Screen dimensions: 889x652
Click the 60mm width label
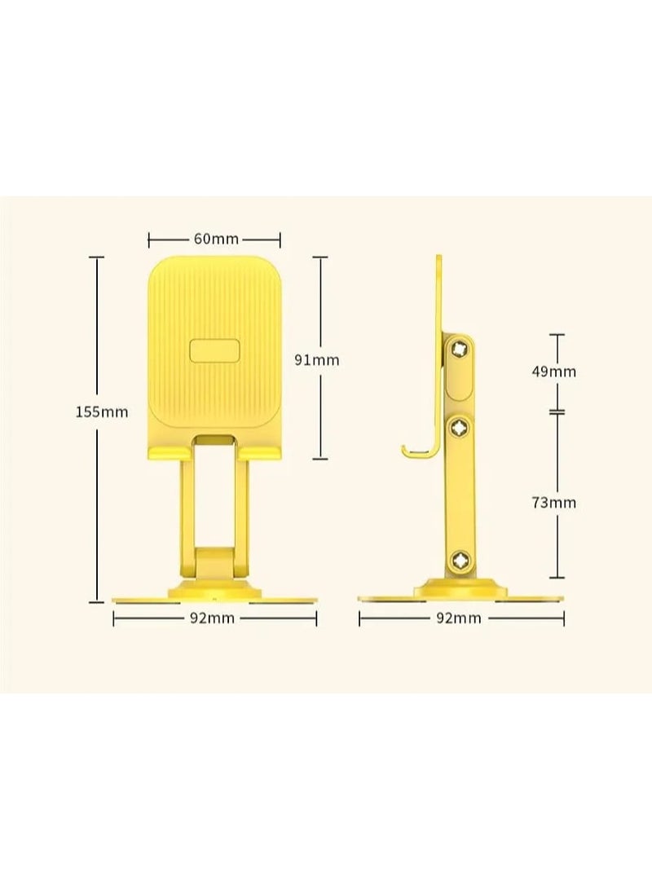click(215, 240)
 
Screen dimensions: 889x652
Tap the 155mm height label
click(102, 411)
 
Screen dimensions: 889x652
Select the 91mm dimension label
click(316, 359)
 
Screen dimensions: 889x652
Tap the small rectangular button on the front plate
click(214, 351)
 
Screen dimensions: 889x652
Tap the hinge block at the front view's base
click(214, 563)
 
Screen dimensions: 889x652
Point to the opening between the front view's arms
click(214, 497)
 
